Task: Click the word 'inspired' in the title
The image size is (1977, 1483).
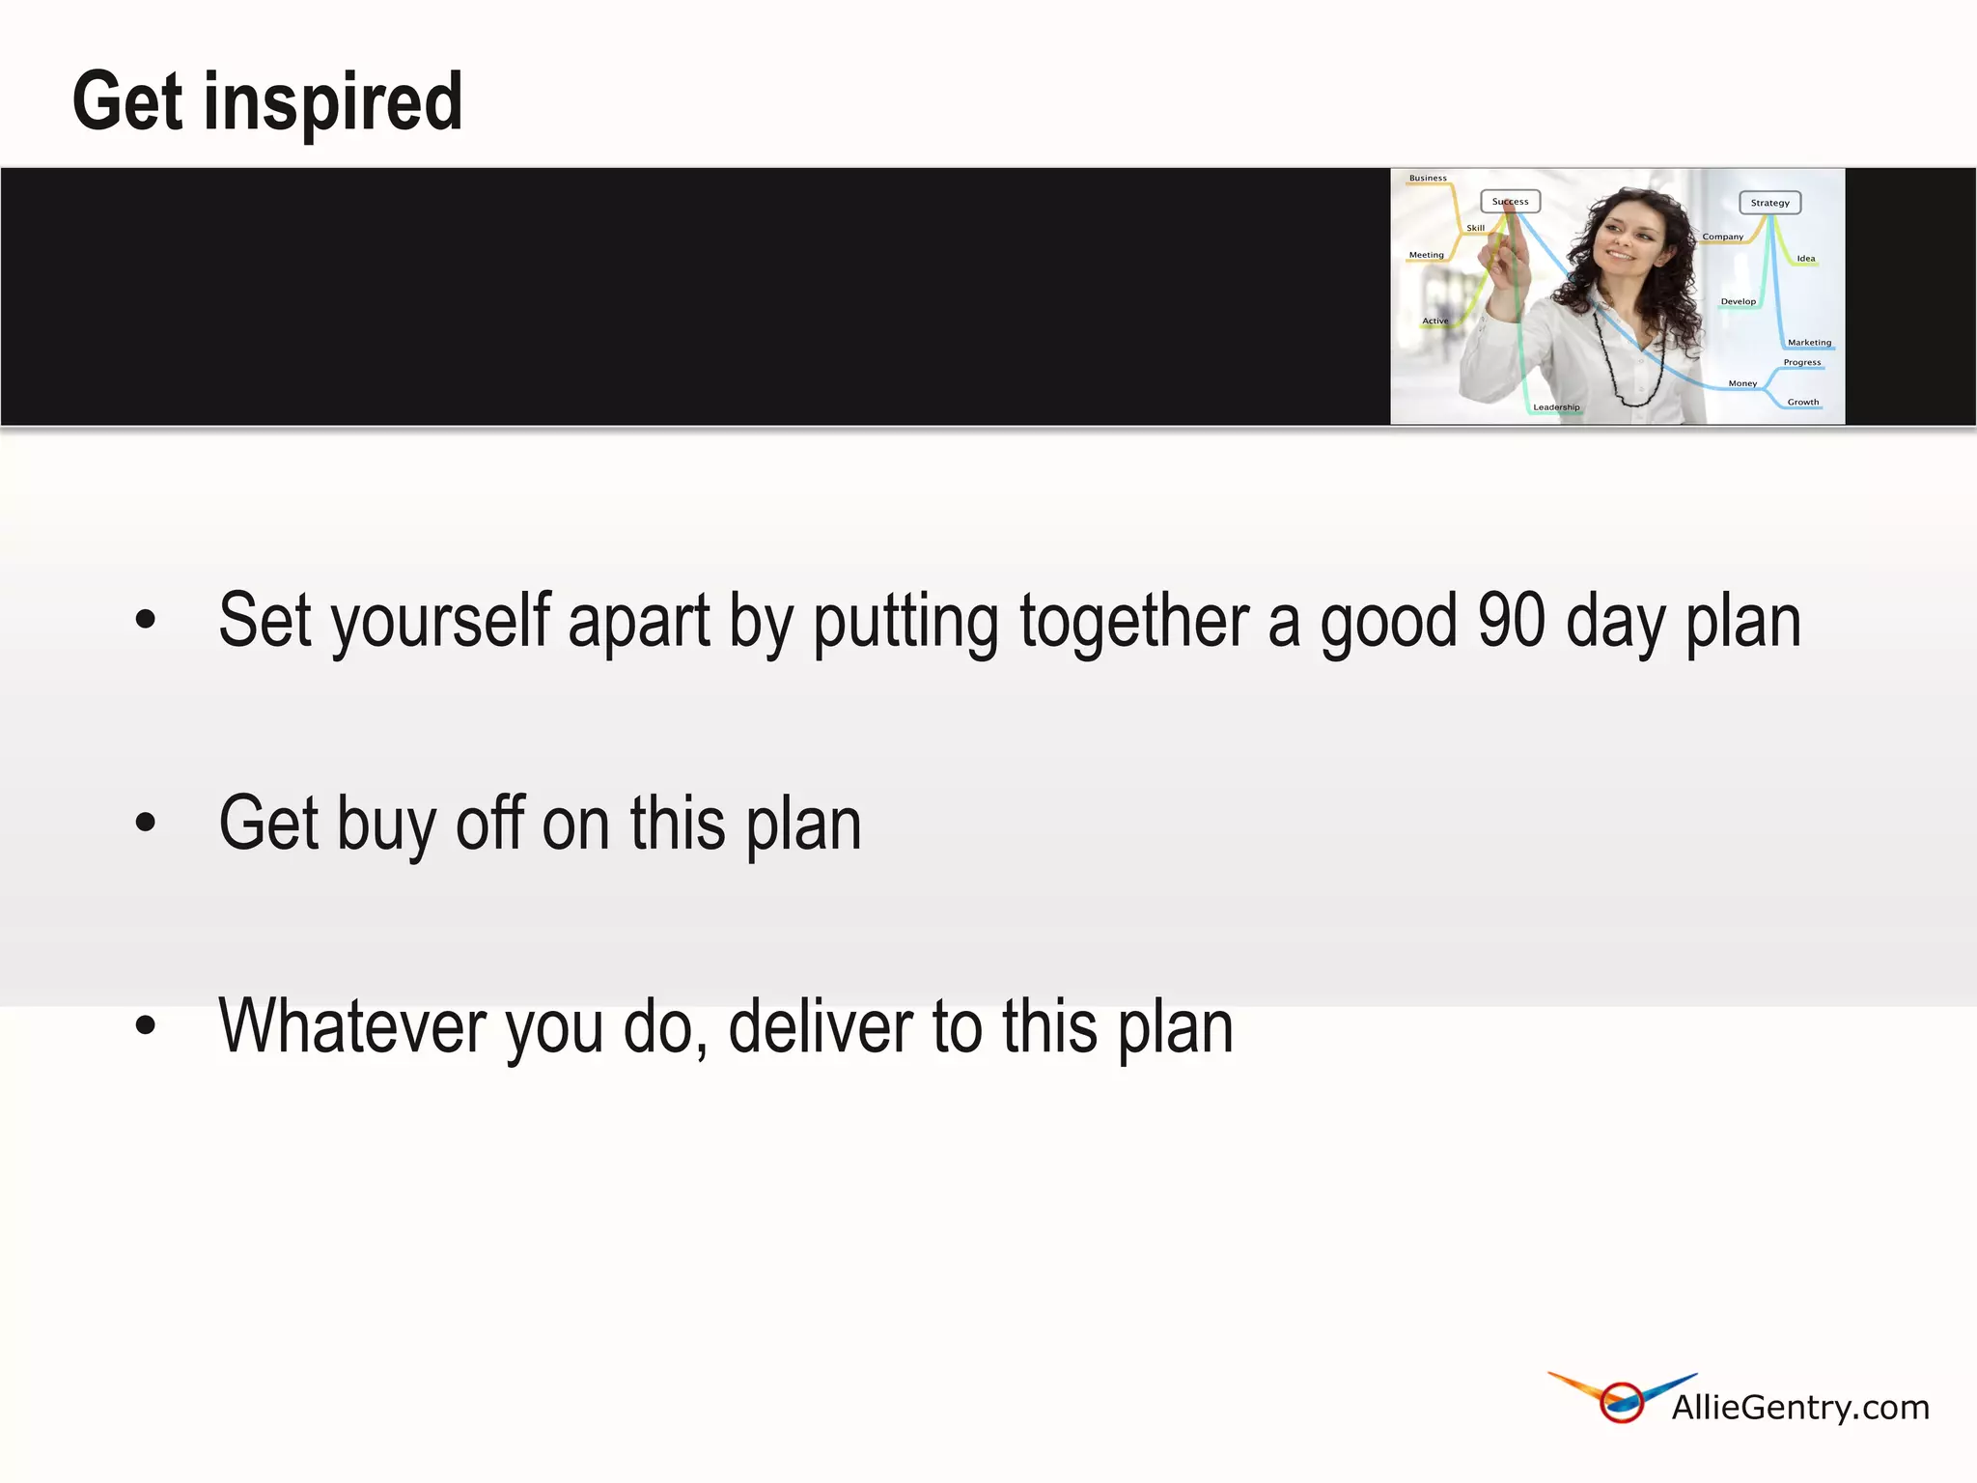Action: [x=333, y=102]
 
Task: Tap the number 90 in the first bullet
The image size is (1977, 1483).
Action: [x=1512, y=621]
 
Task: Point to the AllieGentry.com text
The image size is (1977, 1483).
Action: [x=1800, y=1408]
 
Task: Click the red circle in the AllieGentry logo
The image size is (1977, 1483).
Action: [x=1622, y=1403]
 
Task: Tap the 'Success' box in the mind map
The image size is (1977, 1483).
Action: [x=1510, y=202]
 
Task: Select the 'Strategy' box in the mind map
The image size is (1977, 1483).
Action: [x=1769, y=203]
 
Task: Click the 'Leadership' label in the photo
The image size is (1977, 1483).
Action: [x=1556, y=407]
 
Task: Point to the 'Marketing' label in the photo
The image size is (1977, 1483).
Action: [x=1809, y=343]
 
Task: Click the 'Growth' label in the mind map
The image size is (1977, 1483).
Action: [x=1802, y=403]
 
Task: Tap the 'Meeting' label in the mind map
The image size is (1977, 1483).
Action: [x=1426, y=255]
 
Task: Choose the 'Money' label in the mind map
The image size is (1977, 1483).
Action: [x=1742, y=384]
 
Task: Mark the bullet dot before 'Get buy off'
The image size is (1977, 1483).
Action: [x=146, y=823]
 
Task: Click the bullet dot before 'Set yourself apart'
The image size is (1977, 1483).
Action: [x=146, y=619]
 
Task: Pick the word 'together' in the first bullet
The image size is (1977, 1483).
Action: [x=1134, y=621]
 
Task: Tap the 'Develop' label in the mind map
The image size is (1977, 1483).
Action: [x=1738, y=302]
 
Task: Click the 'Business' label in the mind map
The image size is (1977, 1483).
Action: [x=1428, y=179]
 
